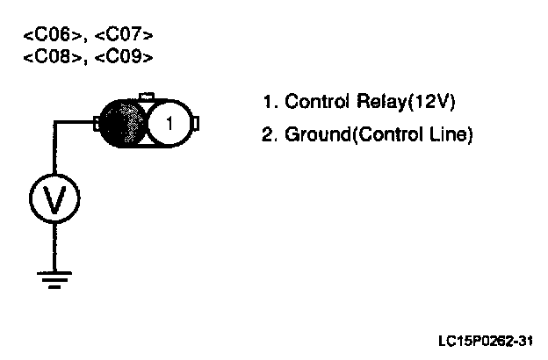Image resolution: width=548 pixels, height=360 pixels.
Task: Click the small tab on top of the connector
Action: point(148,96)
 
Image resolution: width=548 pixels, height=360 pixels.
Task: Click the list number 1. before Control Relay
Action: point(269,102)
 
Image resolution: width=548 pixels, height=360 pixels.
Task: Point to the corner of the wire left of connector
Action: point(54,124)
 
